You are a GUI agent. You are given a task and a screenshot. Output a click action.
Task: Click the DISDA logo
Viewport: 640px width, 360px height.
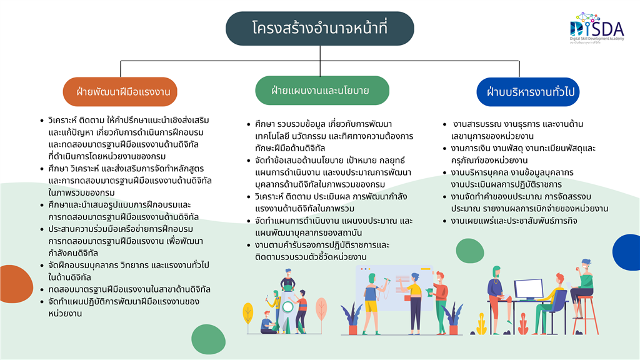[597, 27]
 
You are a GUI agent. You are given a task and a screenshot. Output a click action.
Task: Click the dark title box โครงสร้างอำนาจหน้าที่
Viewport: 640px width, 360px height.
[319, 28]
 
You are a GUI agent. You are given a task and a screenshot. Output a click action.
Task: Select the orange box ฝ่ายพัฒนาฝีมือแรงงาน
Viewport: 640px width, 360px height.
[120, 91]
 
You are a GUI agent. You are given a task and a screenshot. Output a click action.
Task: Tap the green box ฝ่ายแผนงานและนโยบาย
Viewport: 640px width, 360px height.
[322, 90]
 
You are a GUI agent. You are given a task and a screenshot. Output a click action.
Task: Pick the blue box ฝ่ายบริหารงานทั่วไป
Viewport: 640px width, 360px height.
[527, 92]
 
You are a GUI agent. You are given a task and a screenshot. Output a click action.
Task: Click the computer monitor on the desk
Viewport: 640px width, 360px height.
[528, 290]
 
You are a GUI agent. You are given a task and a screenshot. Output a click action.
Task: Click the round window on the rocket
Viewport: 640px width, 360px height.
[287, 306]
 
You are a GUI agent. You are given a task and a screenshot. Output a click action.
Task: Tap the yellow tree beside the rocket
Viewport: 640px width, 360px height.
[247, 317]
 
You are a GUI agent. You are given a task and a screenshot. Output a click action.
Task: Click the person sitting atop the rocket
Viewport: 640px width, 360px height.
[287, 280]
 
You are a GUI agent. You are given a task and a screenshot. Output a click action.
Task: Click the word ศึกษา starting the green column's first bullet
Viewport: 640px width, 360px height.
[264, 124]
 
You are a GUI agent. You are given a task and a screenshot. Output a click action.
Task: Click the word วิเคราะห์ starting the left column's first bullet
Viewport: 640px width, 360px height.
[62, 121]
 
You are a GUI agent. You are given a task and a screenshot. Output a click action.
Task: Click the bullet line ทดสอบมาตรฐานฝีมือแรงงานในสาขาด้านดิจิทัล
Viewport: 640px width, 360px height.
[129, 290]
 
